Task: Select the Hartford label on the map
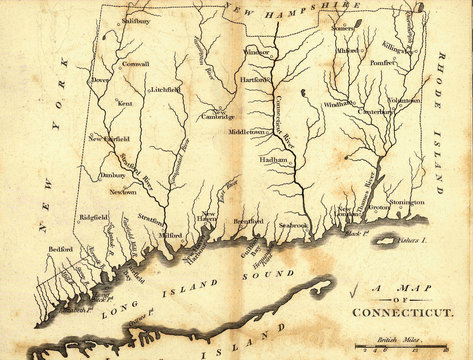[255, 78]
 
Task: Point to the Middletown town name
[248, 131]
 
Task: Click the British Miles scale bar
[400, 347]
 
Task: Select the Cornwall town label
[136, 64]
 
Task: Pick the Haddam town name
[274, 160]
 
